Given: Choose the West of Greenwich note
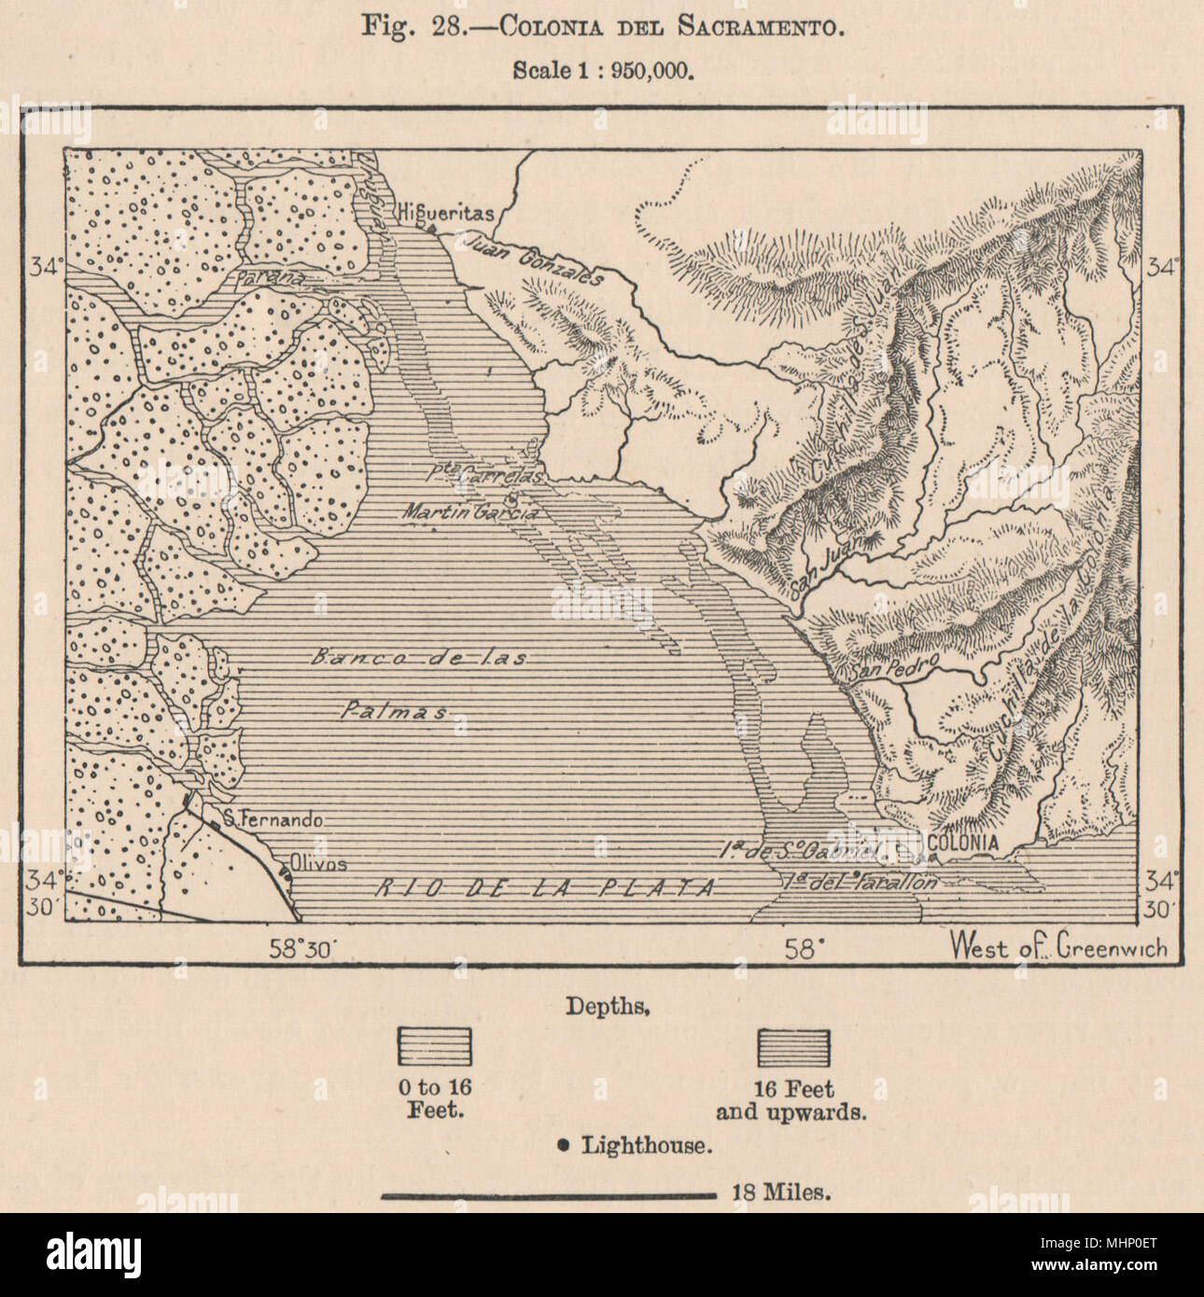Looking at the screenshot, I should tap(1057, 948).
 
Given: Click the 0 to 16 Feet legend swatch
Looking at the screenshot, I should tap(435, 1047).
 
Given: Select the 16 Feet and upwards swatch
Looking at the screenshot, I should tap(793, 1047).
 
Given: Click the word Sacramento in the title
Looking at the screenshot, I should tap(764, 26).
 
